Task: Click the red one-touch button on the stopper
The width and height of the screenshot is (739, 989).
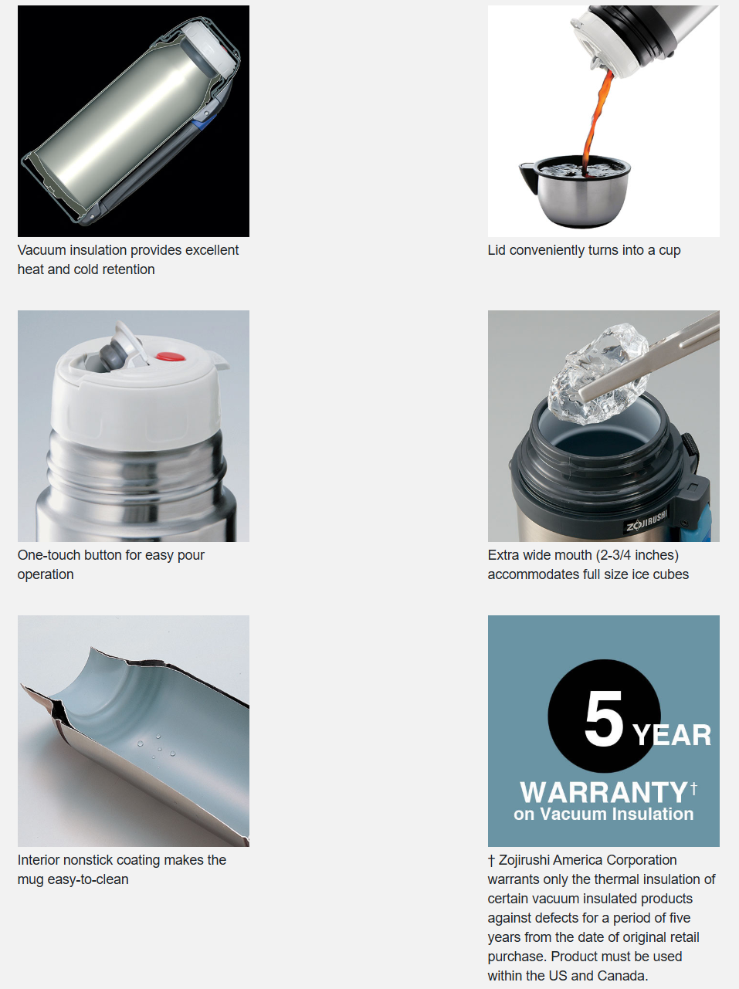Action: coord(170,357)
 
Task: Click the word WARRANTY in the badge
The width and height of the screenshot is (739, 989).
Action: coord(603,793)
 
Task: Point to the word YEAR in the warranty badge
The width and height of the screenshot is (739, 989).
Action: coord(671,735)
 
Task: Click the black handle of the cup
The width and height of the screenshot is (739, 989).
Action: coord(528,176)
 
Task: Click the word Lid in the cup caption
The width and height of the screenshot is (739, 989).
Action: coord(497,250)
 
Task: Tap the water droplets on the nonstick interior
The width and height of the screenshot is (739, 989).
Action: coord(156,746)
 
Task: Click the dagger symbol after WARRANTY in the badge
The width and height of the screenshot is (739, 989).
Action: coord(693,788)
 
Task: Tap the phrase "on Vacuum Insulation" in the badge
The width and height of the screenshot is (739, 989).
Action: coord(603,815)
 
